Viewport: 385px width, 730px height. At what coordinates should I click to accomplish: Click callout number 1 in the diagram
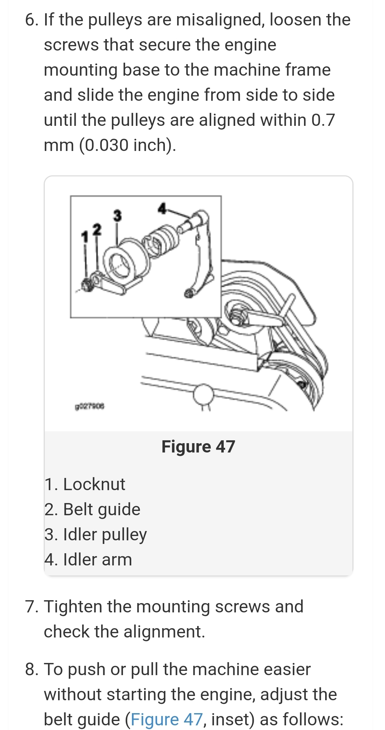tap(85, 237)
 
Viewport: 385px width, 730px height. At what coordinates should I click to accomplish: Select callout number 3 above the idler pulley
tap(117, 215)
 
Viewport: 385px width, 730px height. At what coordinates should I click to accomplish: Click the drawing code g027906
tap(90, 407)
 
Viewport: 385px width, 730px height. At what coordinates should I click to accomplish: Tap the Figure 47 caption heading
tap(198, 447)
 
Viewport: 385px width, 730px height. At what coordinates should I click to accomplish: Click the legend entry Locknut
tap(85, 484)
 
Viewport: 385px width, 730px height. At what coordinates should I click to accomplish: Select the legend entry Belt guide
tap(92, 509)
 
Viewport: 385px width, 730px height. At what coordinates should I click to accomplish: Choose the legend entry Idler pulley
tap(96, 535)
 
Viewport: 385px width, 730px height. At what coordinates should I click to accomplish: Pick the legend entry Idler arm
tap(88, 560)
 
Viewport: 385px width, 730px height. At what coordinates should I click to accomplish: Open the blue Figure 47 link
tap(167, 719)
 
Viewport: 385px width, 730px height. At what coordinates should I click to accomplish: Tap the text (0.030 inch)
tap(128, 145)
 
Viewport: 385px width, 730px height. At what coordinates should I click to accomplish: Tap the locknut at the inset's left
tap(87, 285)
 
